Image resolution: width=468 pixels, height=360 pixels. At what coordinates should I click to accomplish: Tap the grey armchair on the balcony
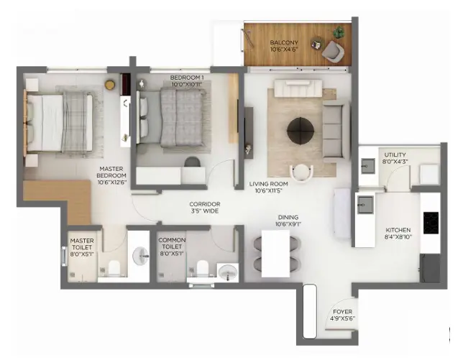click(331, 50)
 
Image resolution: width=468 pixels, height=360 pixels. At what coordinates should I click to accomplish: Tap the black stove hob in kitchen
click(431, 222)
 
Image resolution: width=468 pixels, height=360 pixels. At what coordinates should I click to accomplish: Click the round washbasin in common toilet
click(227, 273)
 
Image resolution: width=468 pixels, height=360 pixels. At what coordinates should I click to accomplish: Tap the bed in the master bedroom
click(61, 123)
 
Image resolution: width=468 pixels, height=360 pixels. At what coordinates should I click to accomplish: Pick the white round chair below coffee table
click(301, 171)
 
